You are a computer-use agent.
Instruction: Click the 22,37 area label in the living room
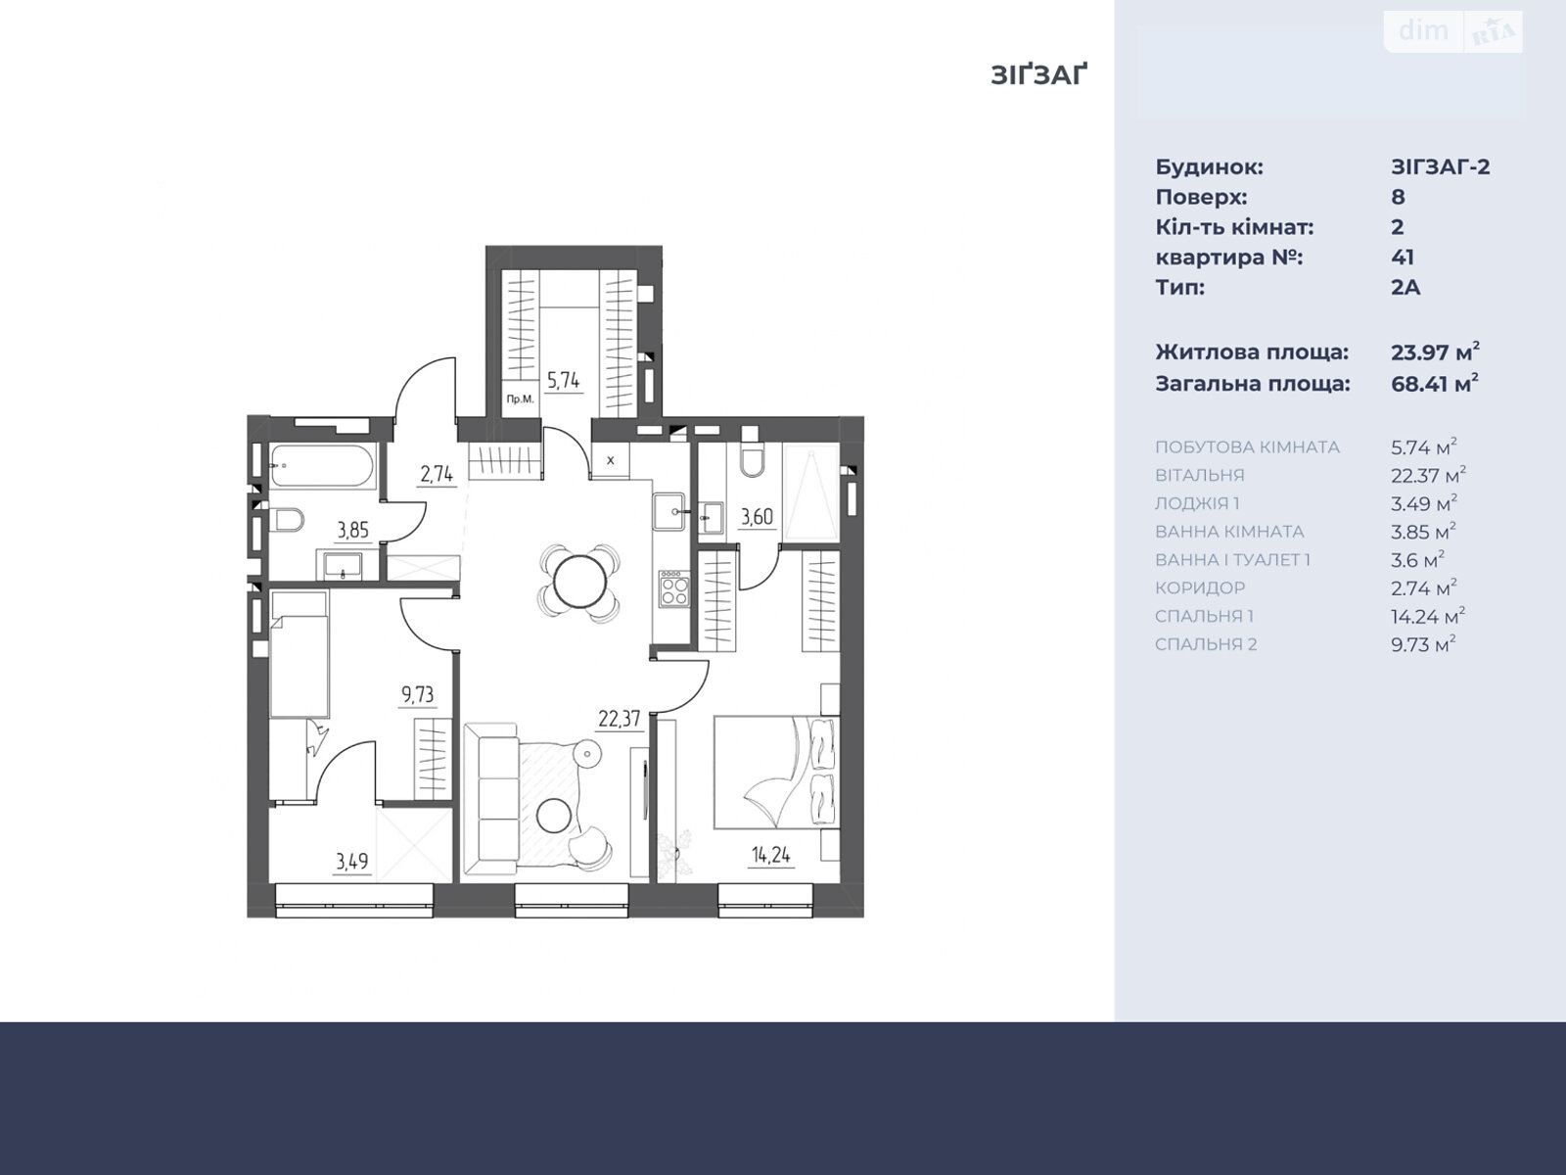click(620, 719)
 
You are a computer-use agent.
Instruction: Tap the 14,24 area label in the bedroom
click(770, 854)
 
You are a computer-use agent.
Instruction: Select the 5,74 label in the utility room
click(563, 380)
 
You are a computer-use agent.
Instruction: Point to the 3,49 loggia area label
click(351, 861)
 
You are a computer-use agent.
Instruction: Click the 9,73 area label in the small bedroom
click(417, 694)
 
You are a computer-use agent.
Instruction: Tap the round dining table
click(579, 582)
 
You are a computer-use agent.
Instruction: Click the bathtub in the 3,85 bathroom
click(322, 467)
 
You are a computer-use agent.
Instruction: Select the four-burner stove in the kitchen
click(674, 588)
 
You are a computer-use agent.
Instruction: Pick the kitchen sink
click(669, 511)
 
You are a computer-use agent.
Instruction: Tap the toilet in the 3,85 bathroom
click(287, 519)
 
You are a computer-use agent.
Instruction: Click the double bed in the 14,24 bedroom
click(777, 772)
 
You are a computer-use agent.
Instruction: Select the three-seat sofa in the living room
click(491, 798)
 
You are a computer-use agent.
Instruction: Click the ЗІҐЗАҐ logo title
click(1038, 75)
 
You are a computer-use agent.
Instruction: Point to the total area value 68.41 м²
click(1435, 383)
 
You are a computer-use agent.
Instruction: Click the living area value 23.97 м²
click(1435, 352)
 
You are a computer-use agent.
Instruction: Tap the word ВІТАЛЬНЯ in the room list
click(1199, 475)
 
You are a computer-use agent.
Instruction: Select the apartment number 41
click(1402, 257)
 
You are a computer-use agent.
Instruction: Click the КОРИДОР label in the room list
click(1200, 587)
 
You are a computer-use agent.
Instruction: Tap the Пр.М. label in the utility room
click(520, 399)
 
